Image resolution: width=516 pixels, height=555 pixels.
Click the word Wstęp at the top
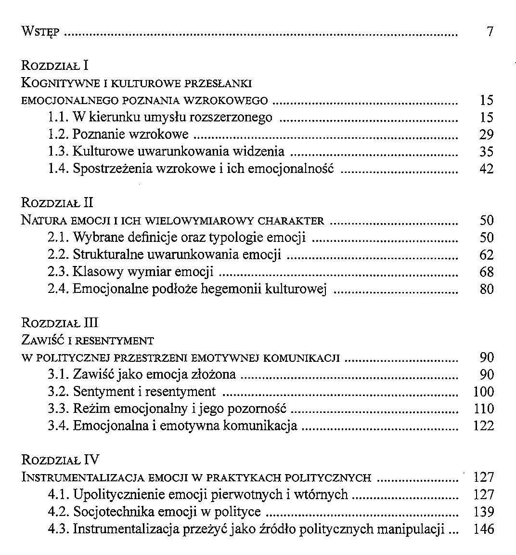click(x=40, y=32)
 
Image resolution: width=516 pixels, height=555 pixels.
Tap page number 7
click(x=490, y=32)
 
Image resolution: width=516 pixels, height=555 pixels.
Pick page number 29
click(x=487, y=134)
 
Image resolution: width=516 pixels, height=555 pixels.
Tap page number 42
click(x=487, y=169)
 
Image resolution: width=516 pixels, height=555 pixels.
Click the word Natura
click(x=45, y=221)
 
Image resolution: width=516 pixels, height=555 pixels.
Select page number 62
click(x=487, y=255)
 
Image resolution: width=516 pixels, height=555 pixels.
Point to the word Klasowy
click(x=99, y=272)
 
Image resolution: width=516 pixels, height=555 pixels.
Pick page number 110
click(x=484, y=409)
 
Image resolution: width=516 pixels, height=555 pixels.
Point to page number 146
click(x=484, y=529)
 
